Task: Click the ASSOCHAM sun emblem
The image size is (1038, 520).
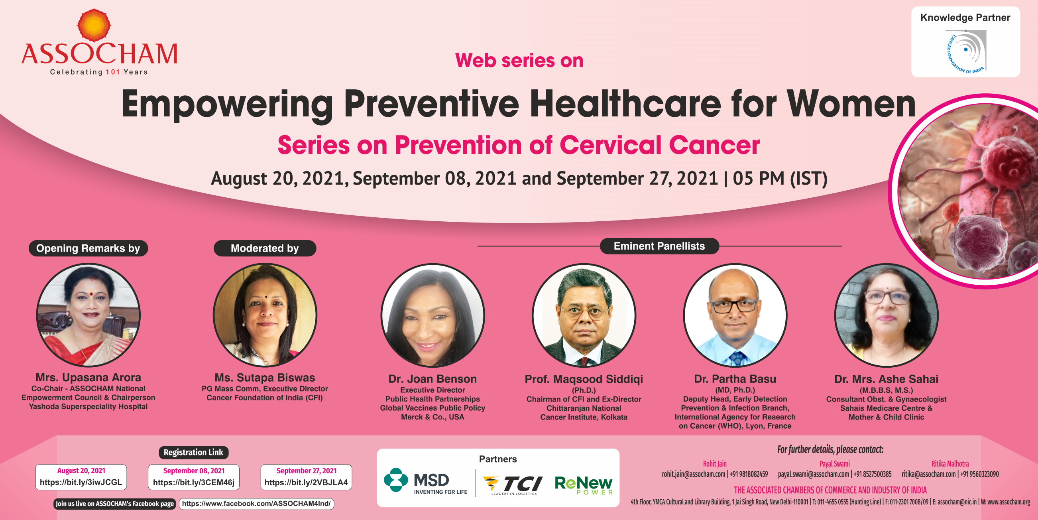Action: coord(94,25)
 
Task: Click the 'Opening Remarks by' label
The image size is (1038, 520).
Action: coord(88,248)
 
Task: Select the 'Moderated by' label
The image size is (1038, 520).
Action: coord(265,248)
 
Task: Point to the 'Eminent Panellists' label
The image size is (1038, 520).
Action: coord(659,246)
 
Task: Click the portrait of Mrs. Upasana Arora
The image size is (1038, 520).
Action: coord(88,315)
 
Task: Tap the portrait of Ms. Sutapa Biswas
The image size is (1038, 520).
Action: coord(265,315)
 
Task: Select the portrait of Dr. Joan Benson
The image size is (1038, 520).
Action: coord(433,315)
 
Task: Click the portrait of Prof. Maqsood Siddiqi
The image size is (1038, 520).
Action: coord(584,315)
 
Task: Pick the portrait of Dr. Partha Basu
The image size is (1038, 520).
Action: coord(735,315)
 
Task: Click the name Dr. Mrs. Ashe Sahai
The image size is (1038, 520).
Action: coord(886,379)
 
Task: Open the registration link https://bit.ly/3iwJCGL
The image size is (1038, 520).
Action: coord(81,482)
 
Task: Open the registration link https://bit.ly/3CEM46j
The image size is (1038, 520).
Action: coord(193,482)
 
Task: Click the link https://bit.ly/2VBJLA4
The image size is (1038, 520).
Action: coord(306,482)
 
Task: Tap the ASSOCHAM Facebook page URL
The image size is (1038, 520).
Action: coord(256,504)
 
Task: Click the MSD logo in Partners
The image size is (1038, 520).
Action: coord(425,481)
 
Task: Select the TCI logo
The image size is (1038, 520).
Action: coord(513,485)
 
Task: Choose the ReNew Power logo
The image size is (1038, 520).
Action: coord(584,485)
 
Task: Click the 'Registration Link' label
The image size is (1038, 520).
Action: coord(193,452)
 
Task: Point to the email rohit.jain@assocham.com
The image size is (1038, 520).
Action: coord(694,474)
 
